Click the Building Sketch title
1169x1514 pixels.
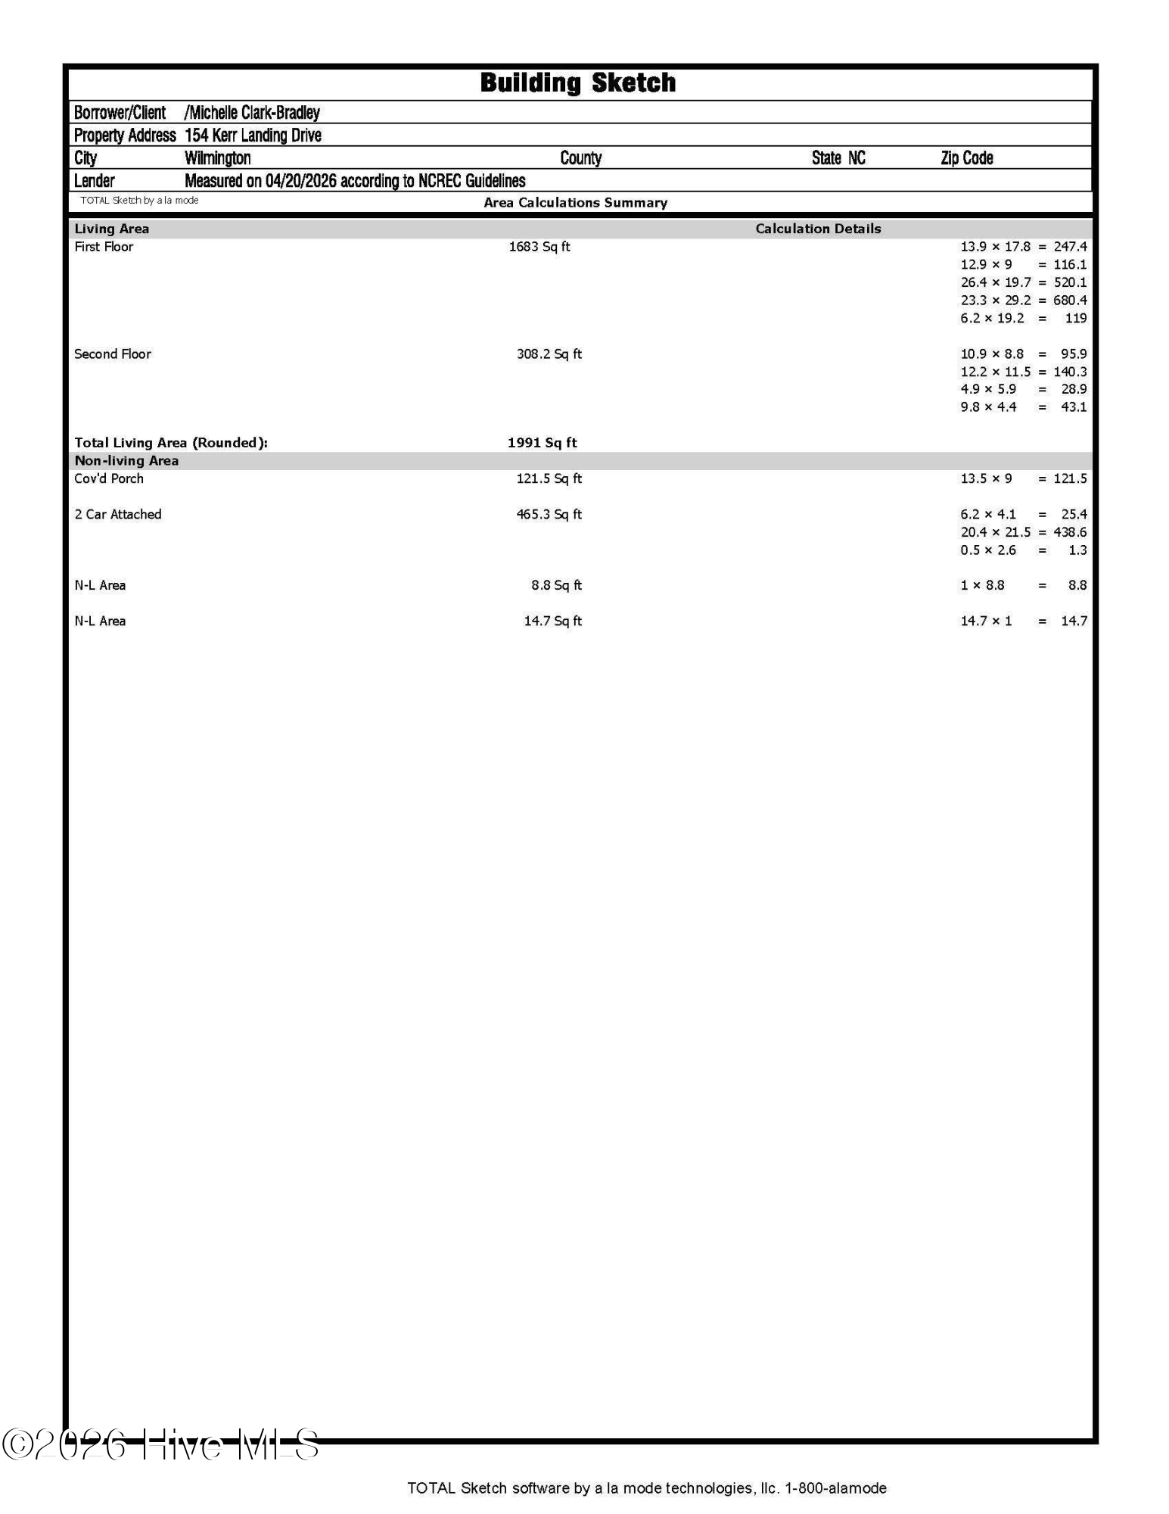click(577, 83)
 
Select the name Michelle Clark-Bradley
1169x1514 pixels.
click(252, 113)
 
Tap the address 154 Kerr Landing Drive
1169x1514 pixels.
click(253, 136)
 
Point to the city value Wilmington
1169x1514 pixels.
click(217, 158)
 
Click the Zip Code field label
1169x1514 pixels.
click(966, 158)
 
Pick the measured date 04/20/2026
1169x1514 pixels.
click(300, 181)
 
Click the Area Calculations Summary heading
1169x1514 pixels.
click(575, 203)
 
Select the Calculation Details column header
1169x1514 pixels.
click(818, 229)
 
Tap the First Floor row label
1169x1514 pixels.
click(104, 247)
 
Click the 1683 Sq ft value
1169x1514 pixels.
click(539, 247)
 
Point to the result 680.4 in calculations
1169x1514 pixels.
click(1070, 301)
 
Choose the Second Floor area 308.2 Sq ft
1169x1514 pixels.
click(549, 354)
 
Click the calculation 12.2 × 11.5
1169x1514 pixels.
click(995, 372)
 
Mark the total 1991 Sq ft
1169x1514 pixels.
click(542, 443)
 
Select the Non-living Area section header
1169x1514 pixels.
click(126, 461)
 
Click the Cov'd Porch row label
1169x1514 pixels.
click(109, 478)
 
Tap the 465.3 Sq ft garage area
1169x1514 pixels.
click(549, 515)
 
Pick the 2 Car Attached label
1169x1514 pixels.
click(118, 515)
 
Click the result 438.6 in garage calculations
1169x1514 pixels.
click(1070, 532)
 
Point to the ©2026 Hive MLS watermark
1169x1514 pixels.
click(160, 1444)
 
